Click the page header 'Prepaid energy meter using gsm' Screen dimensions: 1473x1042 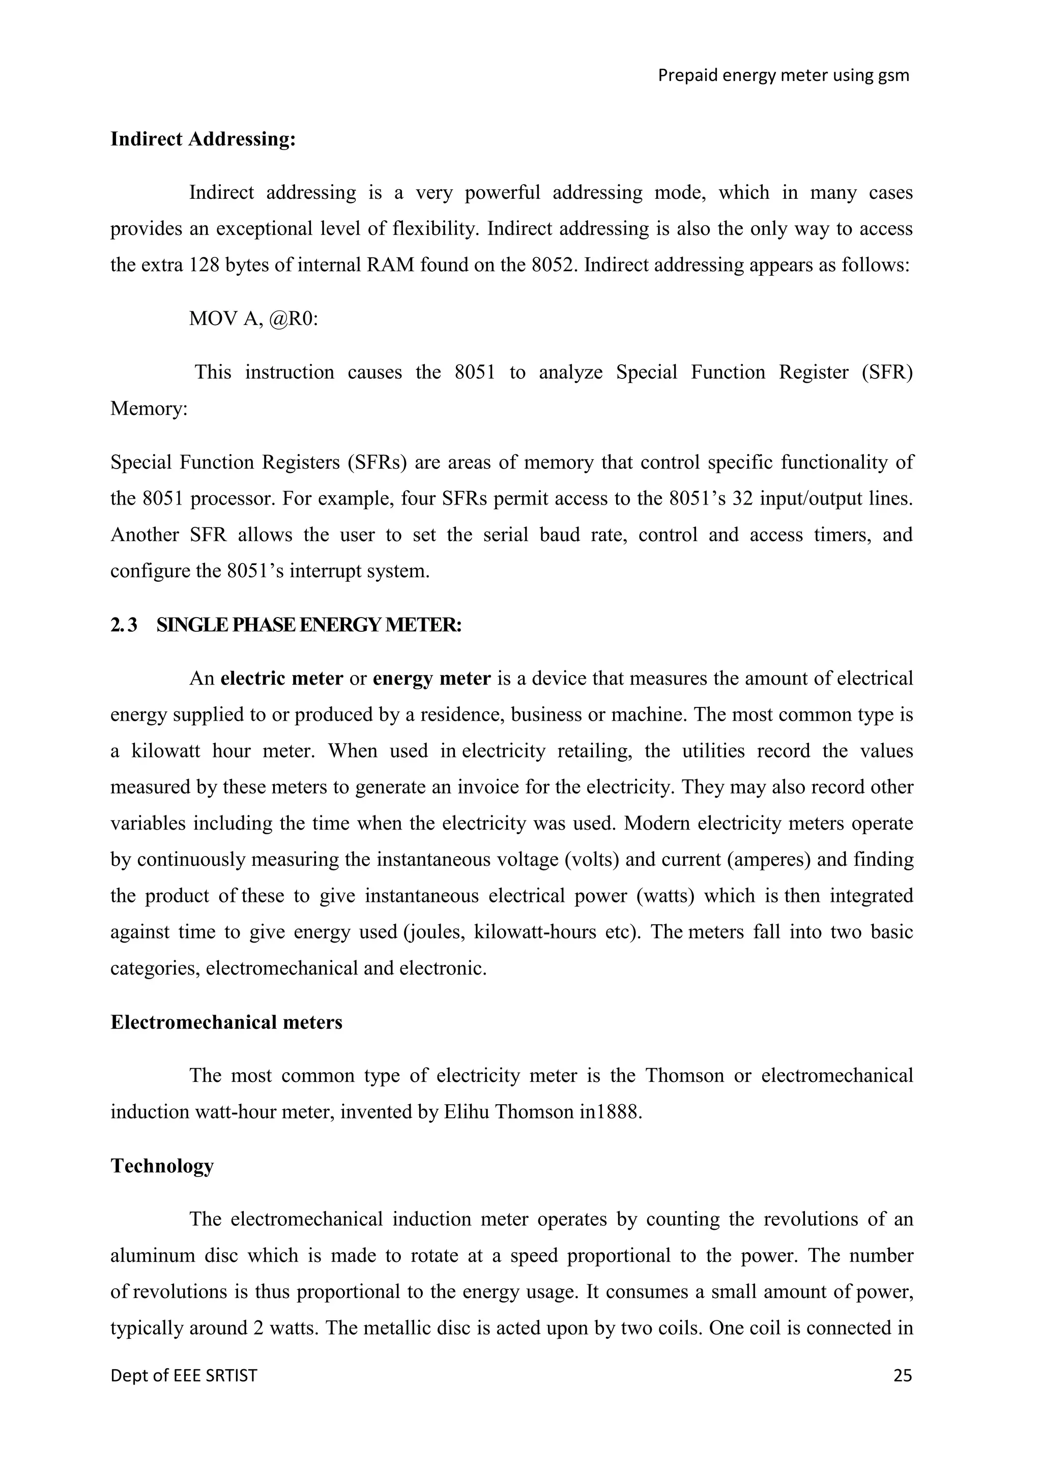784,76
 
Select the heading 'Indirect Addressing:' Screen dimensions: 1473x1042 203,139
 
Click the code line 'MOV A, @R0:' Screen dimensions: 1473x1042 253,319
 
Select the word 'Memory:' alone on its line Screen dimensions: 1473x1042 149,408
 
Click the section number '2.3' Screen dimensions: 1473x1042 124,625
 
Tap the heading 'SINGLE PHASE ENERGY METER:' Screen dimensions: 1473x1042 309,625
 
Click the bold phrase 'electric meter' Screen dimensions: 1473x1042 282,679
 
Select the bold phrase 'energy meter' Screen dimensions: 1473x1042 432,679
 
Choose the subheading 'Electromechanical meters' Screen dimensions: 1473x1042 226,1022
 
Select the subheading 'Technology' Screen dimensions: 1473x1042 162,1166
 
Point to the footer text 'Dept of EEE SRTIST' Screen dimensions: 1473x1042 184,1375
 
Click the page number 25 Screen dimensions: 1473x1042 902,1375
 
